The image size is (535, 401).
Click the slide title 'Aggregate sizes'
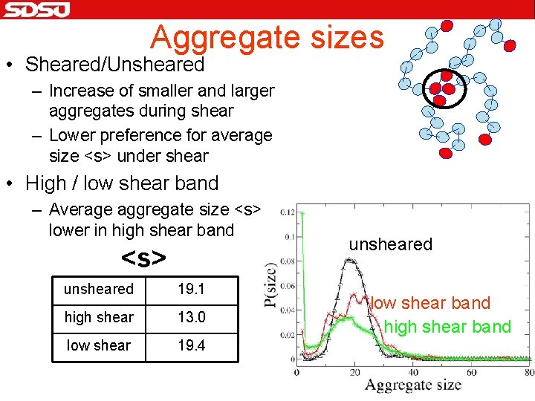[x=267, y=36]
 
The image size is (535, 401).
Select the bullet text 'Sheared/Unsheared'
[x=114, y=65]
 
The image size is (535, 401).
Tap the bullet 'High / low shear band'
[x=122, y=183]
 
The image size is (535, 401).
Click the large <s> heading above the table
[x=143, y=258]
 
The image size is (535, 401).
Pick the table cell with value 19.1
[x=191, y=289]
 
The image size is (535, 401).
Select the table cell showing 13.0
[x=191, y=317]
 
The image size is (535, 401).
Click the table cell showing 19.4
[x=191, y=345]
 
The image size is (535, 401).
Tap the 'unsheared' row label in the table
[x=99, y=289]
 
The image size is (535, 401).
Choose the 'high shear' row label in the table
[x=99, y=317]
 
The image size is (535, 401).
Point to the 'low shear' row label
[x=99, y=345]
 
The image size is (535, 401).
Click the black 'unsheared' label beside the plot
[x=390, y=245]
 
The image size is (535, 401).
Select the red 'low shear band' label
[x=430, y=303]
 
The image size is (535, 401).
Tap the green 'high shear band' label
[x=447, y=327]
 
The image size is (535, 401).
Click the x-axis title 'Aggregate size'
[x=412, y=385]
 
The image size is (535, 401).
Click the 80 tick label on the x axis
[x=528, y=371]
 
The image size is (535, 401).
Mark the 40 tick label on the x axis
[x=412, y=371]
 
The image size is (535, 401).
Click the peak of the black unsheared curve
[x=348, y=258]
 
